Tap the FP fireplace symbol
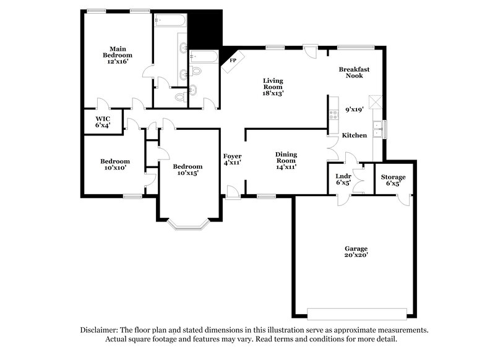click(234, 60)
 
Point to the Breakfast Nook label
click(354, 72)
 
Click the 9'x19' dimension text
click(354, 109)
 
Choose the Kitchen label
click(354, 135)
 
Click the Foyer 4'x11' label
click(232, 159)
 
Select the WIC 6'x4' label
click(103, 121)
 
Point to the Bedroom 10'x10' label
click(115, 164)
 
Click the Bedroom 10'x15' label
click(187, 169)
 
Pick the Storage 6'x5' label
click(393, 180)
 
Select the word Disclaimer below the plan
click(101, 330)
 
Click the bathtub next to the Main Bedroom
click(170, 21)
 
